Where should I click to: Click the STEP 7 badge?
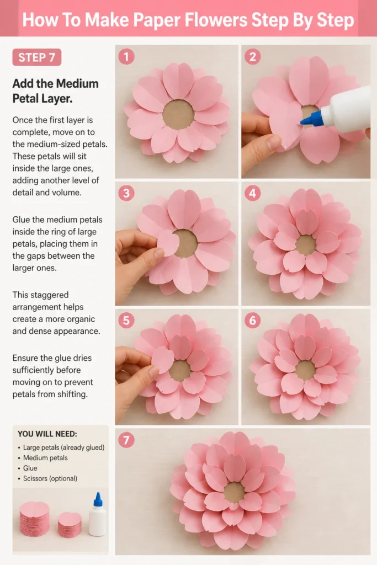point(37,57)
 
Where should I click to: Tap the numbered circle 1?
point(126,57)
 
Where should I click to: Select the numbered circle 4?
point(252,194)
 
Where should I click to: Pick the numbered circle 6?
point(252,321)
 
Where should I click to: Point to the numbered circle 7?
point(126,440)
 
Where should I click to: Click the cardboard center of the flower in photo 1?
point(178,115)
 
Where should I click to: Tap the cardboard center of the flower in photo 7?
point(234,492)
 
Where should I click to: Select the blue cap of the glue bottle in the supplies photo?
point(98,499)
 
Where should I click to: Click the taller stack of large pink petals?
point(34,519)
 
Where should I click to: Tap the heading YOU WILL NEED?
point(47,434)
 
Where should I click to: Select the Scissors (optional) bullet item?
point(50,478)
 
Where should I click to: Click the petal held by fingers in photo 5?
point(162,360)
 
